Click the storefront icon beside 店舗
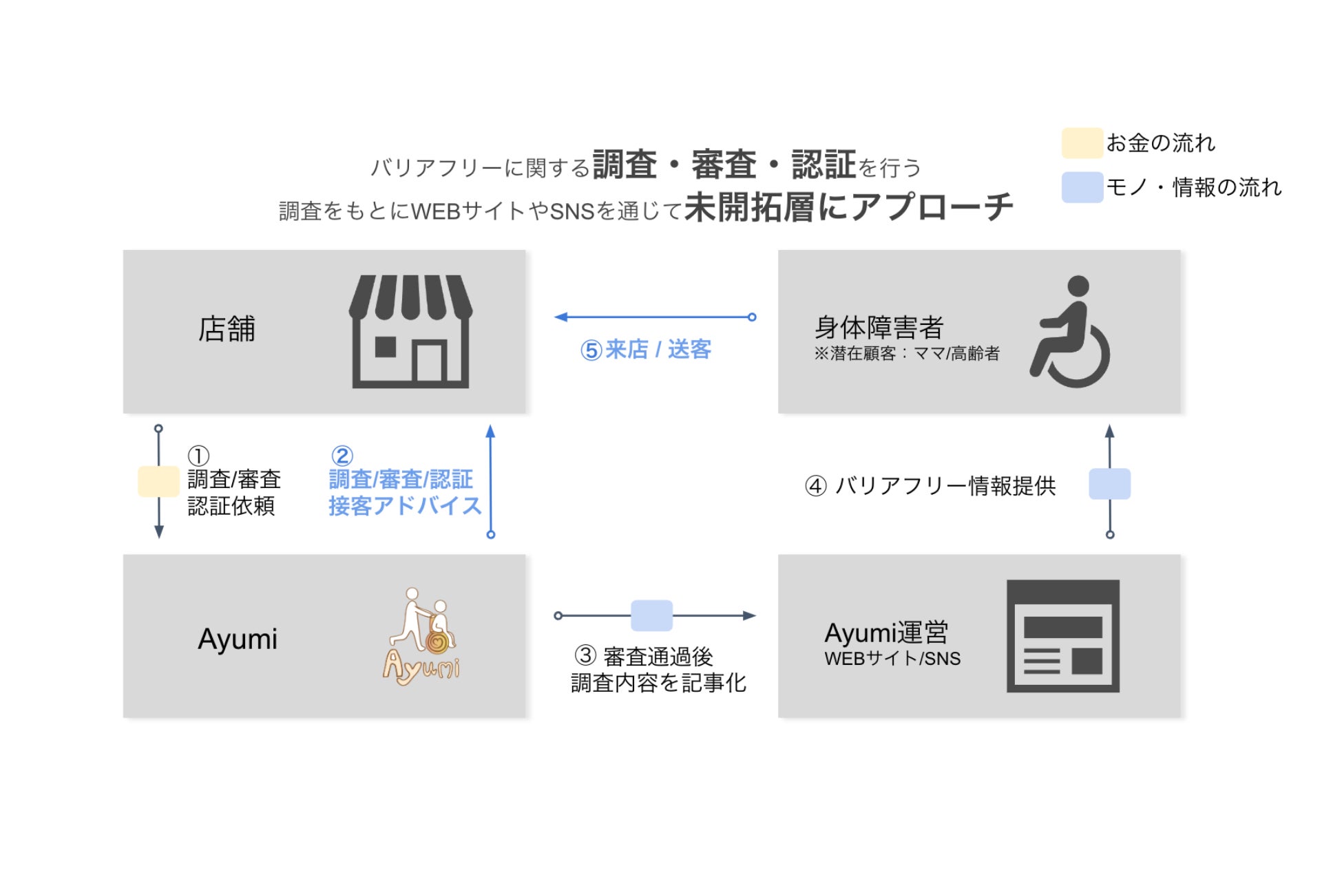[x=411, y=332]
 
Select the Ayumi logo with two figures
[x=422, y=637]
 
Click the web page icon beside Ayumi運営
[x=1062, y=636]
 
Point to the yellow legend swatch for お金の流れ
[x=1082, y=143]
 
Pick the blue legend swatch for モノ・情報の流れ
[x=1082, y=187]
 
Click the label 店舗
[x=227, y=329]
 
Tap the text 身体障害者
[x=879, y=328]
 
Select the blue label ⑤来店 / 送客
[x=645, y=350]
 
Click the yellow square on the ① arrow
[x=158, y=481]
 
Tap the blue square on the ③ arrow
[x=651, y=615]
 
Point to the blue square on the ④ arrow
[x=1109, y=484]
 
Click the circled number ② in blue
[x=342, y=456]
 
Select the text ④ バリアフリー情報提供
[x=930, y=486]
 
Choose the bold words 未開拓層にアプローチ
[x=848, y=207]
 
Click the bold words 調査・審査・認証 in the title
[x=724, y=165]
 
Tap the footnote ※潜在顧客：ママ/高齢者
[x=906, y=354]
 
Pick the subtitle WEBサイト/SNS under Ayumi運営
[x=892, y=659]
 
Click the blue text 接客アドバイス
[x=404, y=506]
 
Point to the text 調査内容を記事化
[x=658, y=683]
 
